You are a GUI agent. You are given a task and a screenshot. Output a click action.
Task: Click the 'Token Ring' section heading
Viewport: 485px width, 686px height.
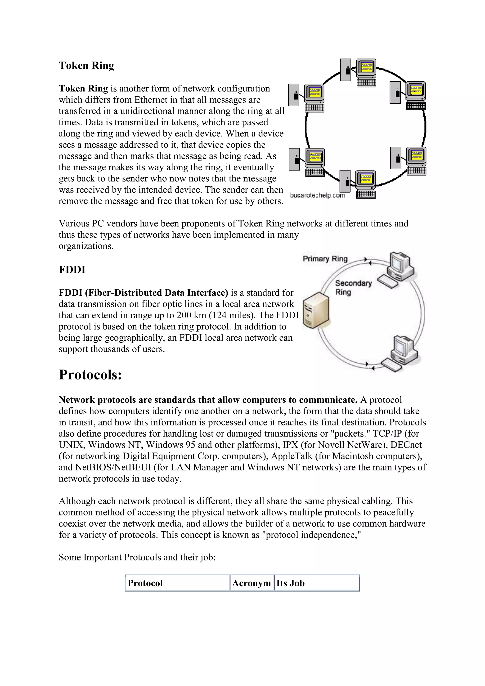tap(86, 65)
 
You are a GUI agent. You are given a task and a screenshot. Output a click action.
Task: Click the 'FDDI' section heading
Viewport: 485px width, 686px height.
tap(72, 270)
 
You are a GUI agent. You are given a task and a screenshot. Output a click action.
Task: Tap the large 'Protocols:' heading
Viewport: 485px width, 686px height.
tap(90, 375)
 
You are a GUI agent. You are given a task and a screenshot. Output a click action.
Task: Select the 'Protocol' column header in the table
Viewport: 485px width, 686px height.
tap(145, 583)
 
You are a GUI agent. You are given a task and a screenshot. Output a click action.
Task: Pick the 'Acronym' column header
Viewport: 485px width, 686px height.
tap(251, 583)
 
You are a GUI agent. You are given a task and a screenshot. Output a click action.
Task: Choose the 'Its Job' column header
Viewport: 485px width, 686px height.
tap(290, 583)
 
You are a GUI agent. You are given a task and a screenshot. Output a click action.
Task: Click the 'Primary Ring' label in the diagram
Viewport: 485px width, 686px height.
tap(325, 259)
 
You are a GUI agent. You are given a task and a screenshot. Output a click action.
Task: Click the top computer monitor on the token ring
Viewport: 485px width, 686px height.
tap(366, 68)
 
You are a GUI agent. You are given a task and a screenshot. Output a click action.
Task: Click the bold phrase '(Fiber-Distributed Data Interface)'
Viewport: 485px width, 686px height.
tap(157, 293)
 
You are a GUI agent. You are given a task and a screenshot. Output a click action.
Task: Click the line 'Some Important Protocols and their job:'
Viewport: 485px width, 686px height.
tap(137, 557)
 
